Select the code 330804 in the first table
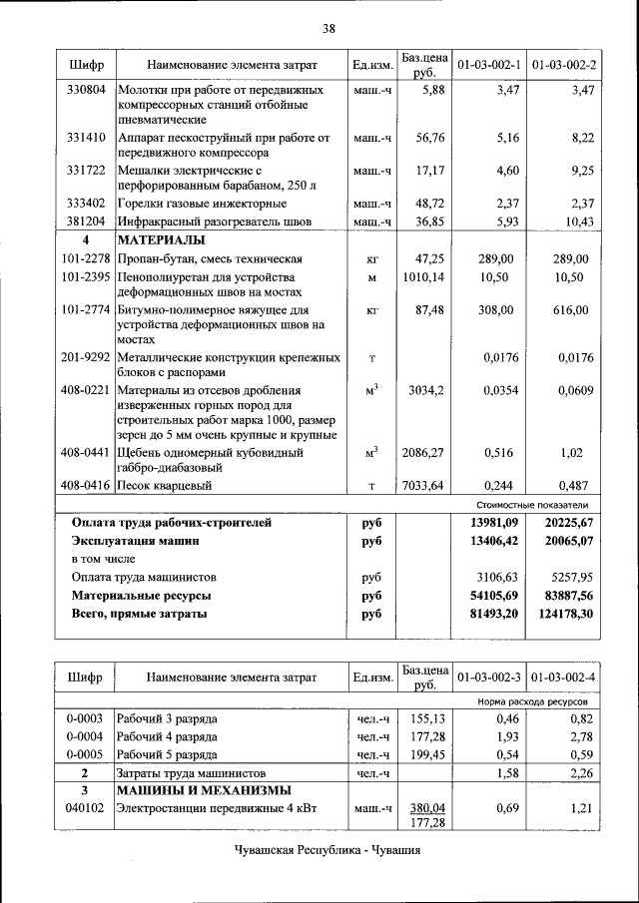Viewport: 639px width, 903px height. coord(85,90)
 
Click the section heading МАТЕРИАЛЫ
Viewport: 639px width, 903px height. coord(161,240)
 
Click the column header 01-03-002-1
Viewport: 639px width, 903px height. coord(488,65)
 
